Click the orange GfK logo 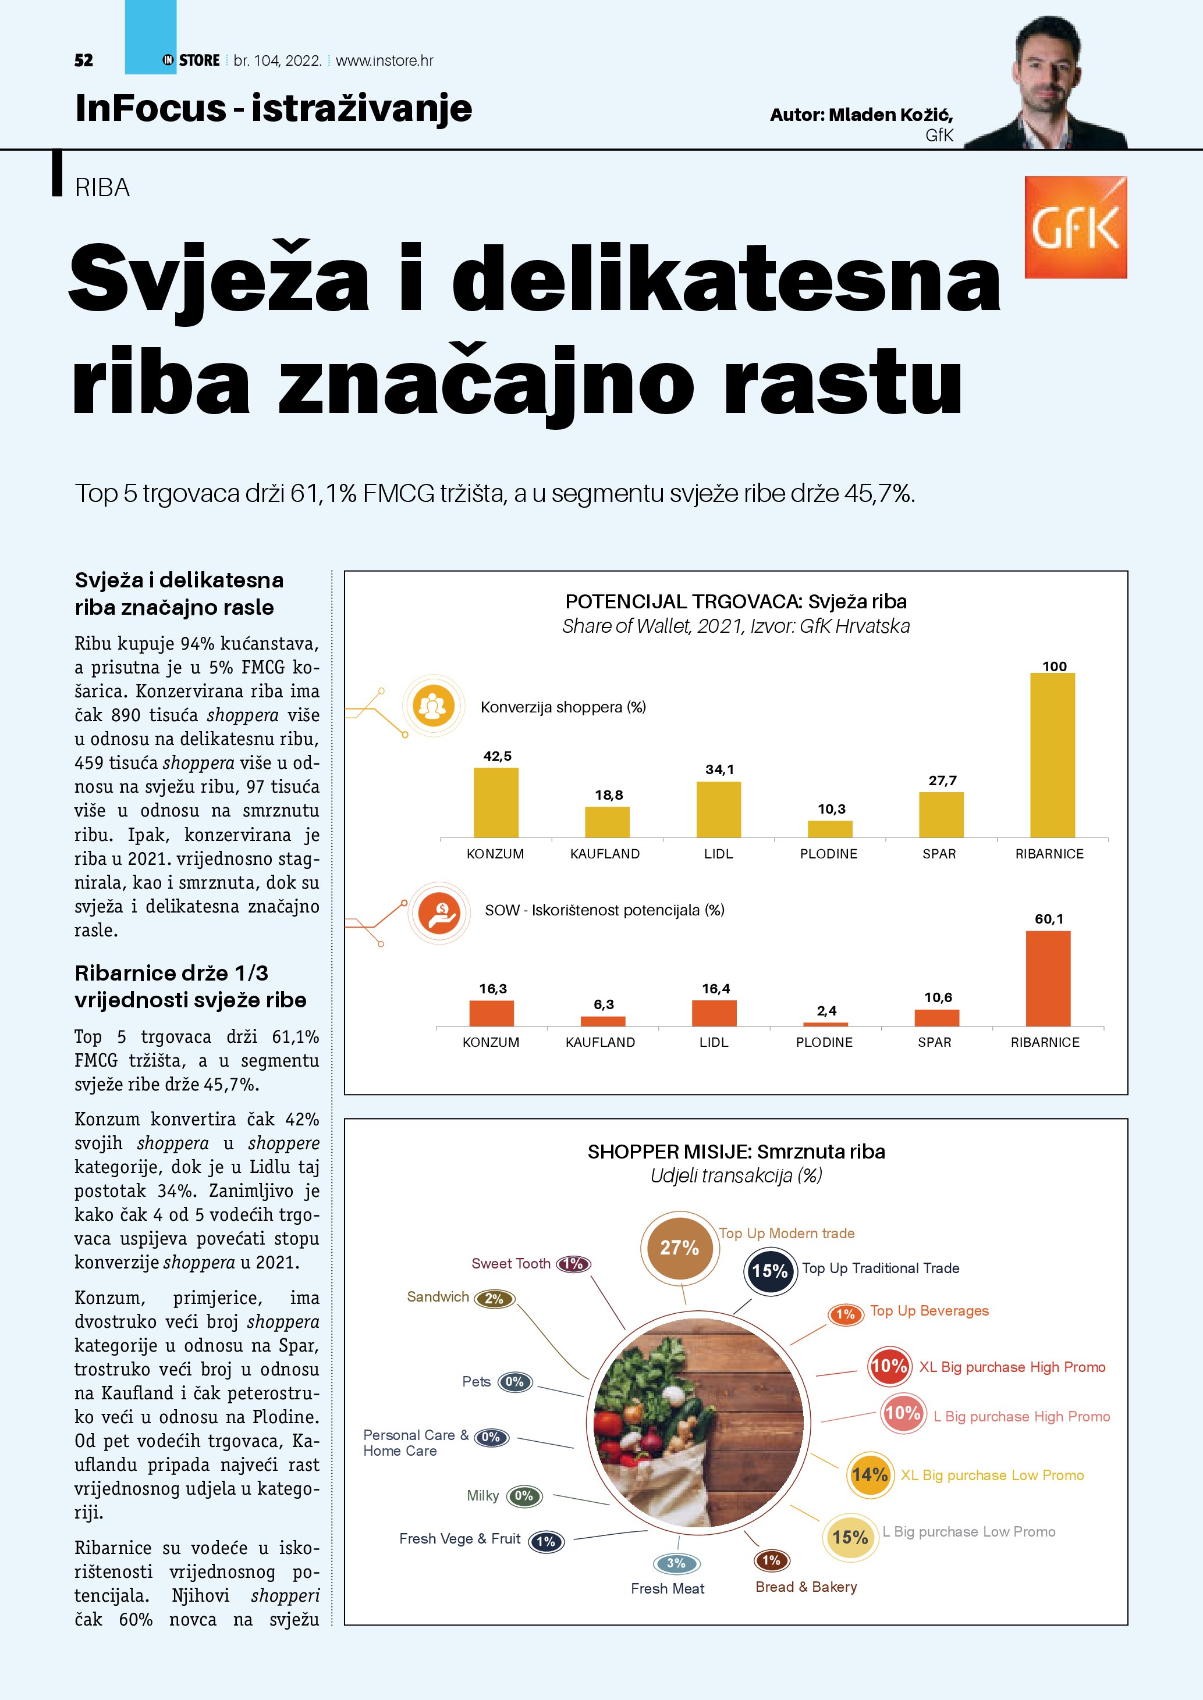pyautogui.click(x=1075, y=227)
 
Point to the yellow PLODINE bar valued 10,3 pyautogui.click(x=830, y=829)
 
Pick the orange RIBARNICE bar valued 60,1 pyautogui.click(x=1048, y=978)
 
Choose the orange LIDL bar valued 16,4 pyautogui.click(x=714, y=1013)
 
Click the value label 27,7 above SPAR pyautogui.click(x=942, y=780)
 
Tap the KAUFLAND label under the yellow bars pyautogui.click(x=605, y=854)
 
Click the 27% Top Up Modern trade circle pyautogui.click(x=679, y=1248)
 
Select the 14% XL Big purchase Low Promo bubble pyautogui.click(x=870, y=1474)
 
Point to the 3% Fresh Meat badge pyautogui.click(x=676, y=1563)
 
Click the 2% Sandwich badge pyautogui.click(x=494, y=1298)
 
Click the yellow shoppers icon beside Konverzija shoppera pyautogui.click(x=434, y=705)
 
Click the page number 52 pyautogui.click(x=84, y=60)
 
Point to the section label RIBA pyautogui.click(x=102, y=188)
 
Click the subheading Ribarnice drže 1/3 pyautogui.click(x=171, y=973)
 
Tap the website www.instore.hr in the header pyautogui.click(x=385, y=60)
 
